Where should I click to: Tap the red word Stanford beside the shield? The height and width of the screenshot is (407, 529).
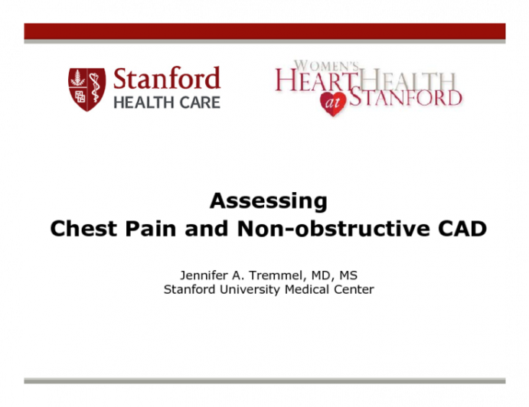(166, 79)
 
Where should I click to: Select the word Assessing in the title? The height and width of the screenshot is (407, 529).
(268, 201)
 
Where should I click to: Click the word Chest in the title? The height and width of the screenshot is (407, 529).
(80, 229)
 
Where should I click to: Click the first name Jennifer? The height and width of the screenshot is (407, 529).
(203, 275)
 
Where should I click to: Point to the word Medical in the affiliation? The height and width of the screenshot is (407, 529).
(306, 289)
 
